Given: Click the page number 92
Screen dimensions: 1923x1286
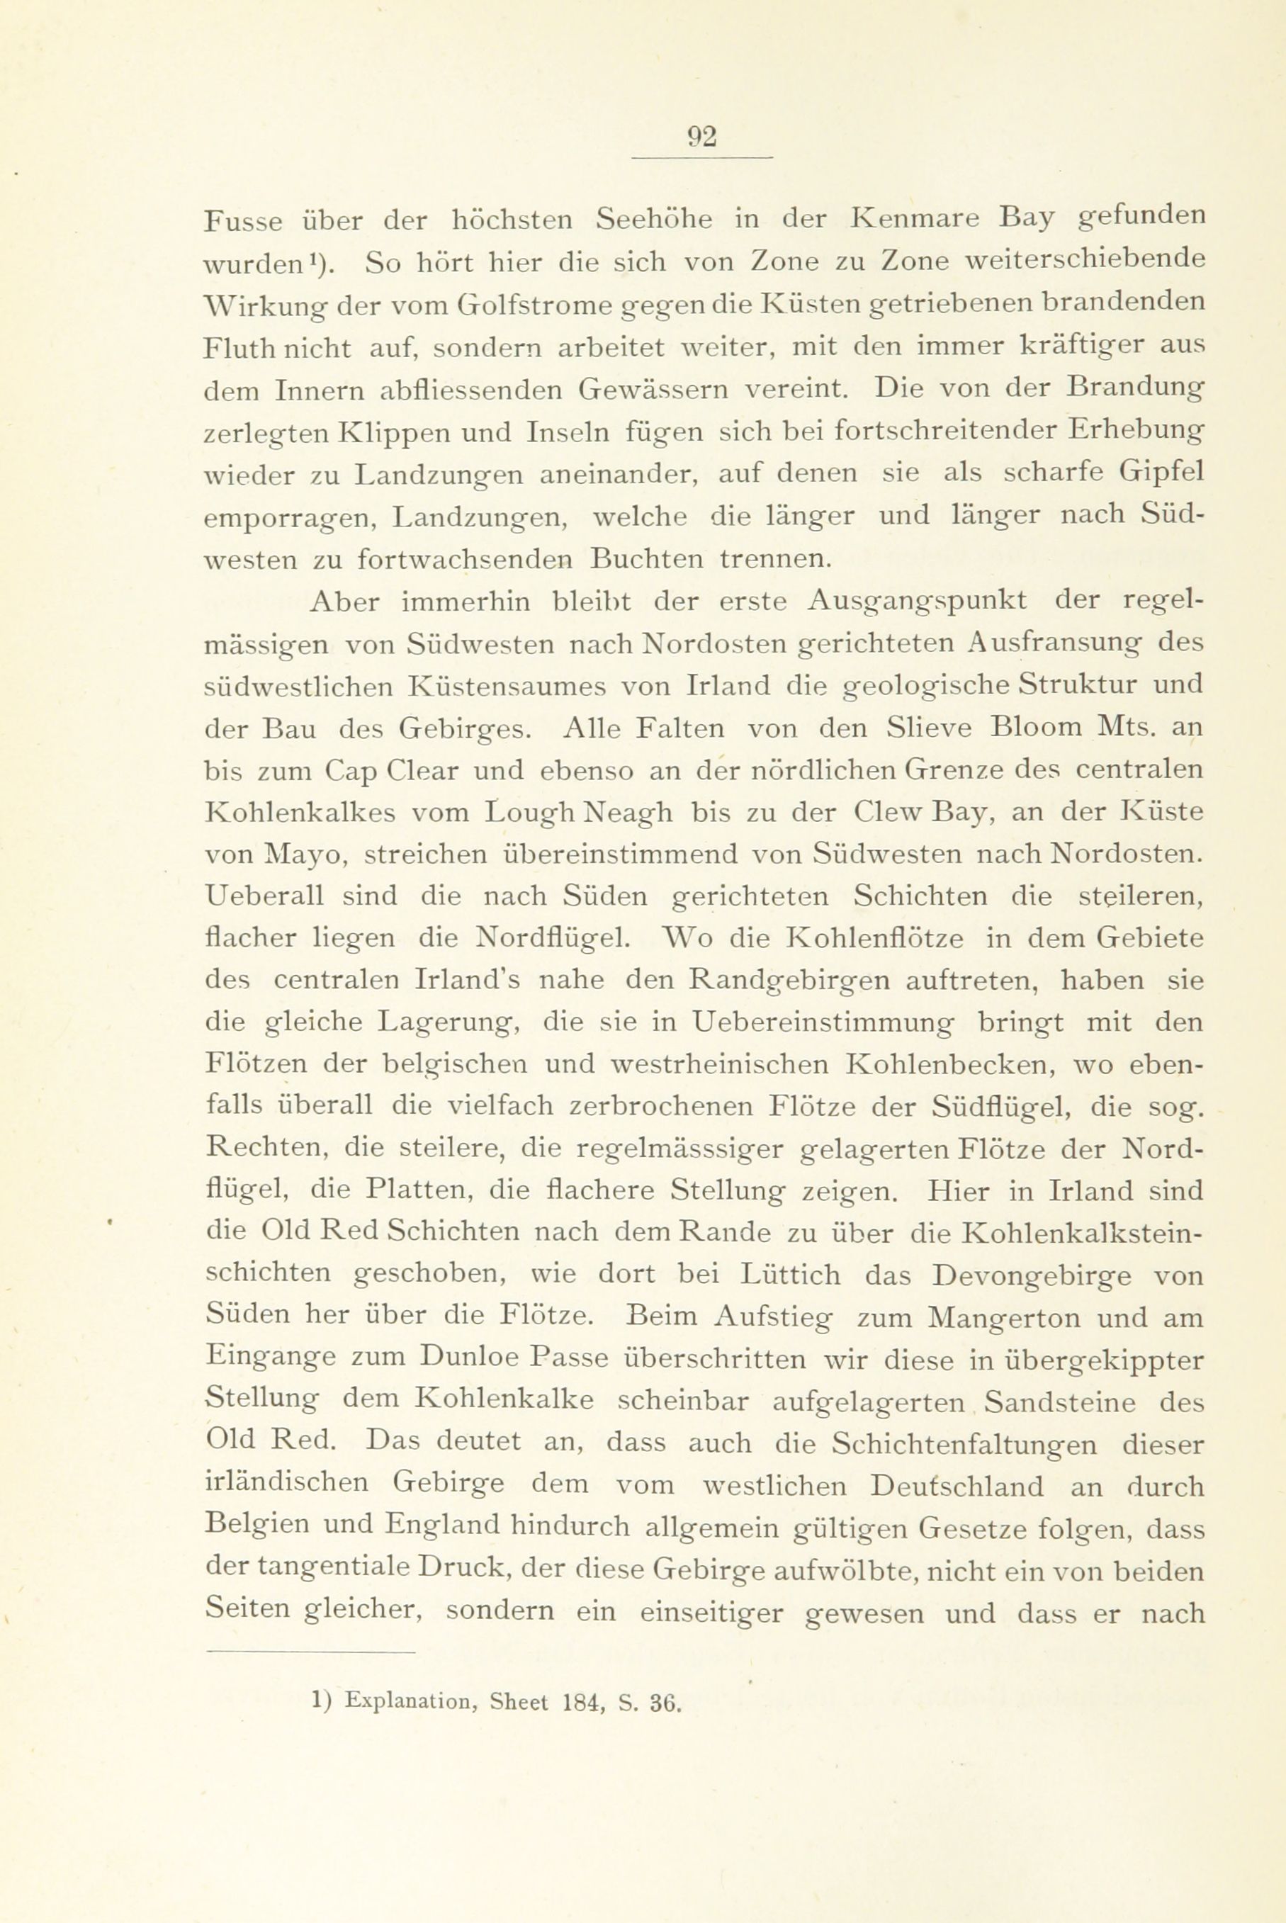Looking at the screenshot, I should click(702, 136).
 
